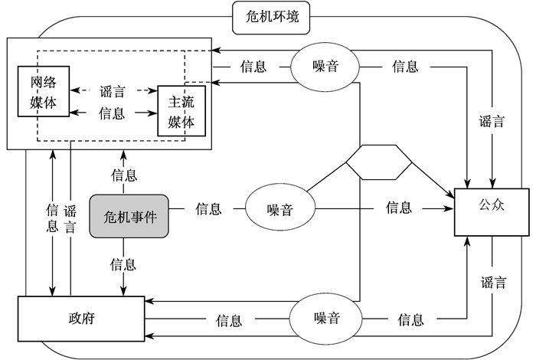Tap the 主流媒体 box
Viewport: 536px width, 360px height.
pyautogui.click(x=181, y=111)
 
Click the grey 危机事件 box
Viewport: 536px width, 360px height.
pyautogui.click(x=129, y=215)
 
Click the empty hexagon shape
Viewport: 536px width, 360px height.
pyautogui.click(x=378, y=162)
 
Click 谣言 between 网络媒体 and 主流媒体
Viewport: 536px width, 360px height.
pyautogui.click(x=112, y=91)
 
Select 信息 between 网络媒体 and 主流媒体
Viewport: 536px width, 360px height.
pyautogui.click(x=112, y=113)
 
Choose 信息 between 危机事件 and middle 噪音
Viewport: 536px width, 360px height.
pyautogui.click(x=208, y=208)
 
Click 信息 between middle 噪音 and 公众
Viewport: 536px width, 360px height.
pyautogui.click(x=398, y=207)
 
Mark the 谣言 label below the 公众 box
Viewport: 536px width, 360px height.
pyautogui.click(x=493, y=282)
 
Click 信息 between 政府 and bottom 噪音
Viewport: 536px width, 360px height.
pyautogui.click(x=229, y=319)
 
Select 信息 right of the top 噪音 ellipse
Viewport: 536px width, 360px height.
pyautogui.click(x=404, y=67)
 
